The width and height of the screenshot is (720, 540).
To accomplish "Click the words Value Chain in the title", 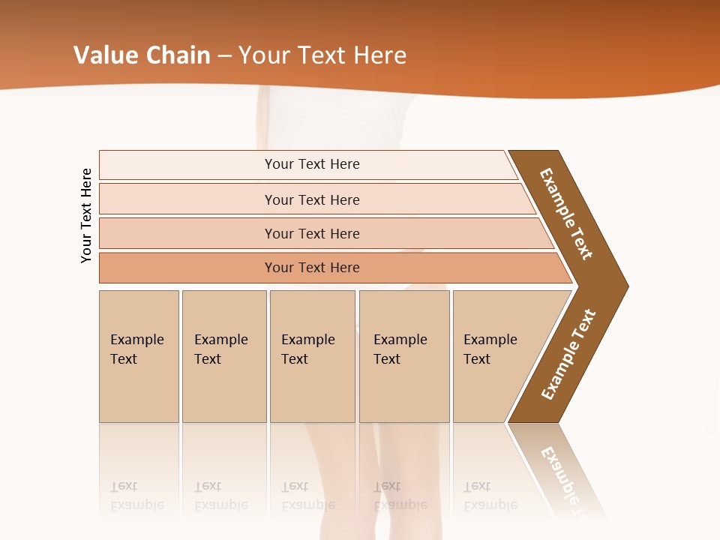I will (x=142, y=55).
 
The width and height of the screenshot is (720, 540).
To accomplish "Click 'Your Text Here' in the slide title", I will (x=322, y=55).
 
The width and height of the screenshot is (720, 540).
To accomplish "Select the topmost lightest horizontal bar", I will (x=187, y=164).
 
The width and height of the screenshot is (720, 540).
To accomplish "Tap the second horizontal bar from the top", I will (x=187, y=199).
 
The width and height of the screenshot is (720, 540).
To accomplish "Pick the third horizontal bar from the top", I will (x=187, y=233).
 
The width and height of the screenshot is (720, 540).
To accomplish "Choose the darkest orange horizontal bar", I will (x=187, y=268).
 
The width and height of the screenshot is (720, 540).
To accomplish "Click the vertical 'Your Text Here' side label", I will (x=87, y=215).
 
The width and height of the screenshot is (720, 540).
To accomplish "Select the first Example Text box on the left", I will (x=139, y=356).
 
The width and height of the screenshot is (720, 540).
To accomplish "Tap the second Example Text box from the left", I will (x=223, y=356).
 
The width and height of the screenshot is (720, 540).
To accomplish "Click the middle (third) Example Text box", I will (x=311, y=356).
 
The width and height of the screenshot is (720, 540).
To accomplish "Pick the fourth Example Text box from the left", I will (x=403, y=356).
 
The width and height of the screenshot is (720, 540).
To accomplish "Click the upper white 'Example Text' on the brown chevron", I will (x=566, y=214).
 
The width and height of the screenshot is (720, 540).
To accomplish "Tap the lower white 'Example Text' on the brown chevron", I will (x=568, y=355).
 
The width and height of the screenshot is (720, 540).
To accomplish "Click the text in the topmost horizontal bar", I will (x=312, y=164).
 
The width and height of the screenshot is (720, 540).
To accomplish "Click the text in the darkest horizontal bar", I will (x=312, y=268).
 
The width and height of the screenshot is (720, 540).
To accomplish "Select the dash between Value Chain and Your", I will (x=224, y=56).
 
